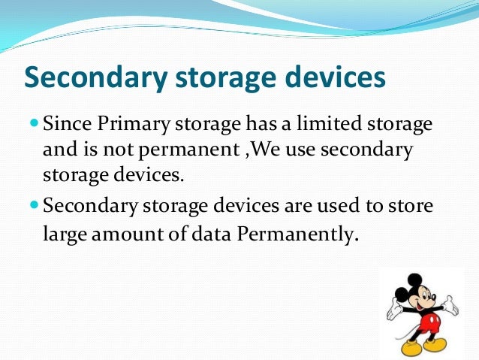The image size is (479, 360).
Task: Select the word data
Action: [212, 234]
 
